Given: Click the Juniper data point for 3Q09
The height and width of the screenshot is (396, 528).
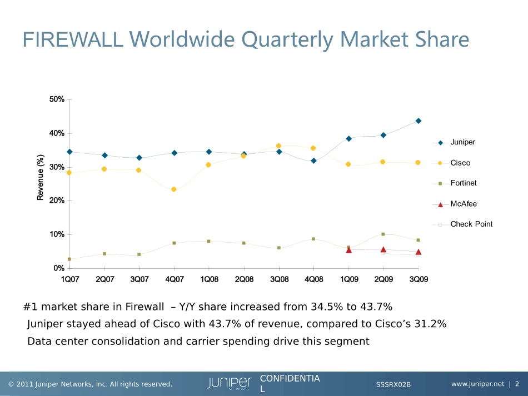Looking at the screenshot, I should pos(419,121).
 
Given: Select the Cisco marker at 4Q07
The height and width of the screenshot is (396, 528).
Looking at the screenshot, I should pos(174,189).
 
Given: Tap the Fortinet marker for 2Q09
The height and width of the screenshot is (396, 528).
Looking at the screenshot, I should pos(383,234).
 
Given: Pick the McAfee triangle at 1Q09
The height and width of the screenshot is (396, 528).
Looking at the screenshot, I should pos(348,250).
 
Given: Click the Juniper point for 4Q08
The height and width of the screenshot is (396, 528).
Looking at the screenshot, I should pos(313,161).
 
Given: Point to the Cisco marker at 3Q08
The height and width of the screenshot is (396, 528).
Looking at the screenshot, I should pos(279,146).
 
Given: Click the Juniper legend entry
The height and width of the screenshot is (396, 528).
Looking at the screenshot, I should pos(462,142).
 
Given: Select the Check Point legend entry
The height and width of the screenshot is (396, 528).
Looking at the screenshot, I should pos(471,224).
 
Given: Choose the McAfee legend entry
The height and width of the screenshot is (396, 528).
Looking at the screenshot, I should pos(464,204).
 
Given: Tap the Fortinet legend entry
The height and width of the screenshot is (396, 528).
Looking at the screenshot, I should pos(464,183).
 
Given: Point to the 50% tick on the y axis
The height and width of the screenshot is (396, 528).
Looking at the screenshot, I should pos(57,99).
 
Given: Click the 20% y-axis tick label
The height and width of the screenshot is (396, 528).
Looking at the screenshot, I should pos(57,200).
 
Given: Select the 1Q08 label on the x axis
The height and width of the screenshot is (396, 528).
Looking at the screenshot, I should pos(209,279).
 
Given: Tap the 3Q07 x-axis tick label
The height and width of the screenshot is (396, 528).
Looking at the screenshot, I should pos(139,279).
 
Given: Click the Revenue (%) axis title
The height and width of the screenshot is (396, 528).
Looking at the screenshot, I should pos(41,177).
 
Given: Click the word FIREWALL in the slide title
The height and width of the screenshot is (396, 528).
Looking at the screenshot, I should pos(73,39).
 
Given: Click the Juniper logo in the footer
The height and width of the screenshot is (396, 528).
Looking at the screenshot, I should pos(230,383).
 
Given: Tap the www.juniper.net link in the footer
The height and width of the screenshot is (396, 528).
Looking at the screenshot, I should pos(477,384).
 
